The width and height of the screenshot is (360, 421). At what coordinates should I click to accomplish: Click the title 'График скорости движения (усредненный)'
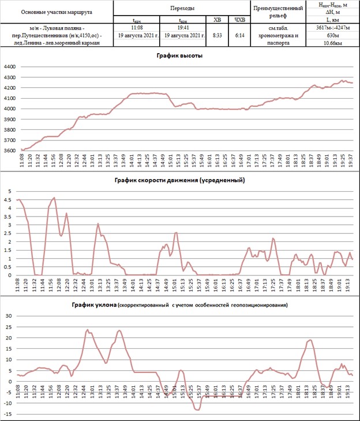[179, 180]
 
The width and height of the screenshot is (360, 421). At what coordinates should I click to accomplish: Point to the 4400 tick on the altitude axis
[10, 67]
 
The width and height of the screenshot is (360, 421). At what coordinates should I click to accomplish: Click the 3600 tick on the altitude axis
[10, 151]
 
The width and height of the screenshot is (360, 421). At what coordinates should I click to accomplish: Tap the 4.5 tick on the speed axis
[9, 200]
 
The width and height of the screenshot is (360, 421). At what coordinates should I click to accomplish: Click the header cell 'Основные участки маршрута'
[57, 12]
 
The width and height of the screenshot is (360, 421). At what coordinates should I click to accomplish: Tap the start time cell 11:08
[137, 27]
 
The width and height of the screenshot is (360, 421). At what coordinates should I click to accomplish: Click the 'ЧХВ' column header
[240, 20]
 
